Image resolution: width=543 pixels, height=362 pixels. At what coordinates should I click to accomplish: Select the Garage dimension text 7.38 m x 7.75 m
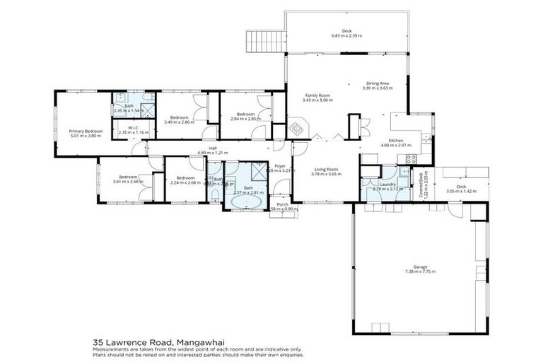tap(420, 271)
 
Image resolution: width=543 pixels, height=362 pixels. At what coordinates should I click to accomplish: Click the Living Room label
tap(327, 169)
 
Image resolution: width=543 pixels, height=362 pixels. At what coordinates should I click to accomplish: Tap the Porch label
tap(283, 204)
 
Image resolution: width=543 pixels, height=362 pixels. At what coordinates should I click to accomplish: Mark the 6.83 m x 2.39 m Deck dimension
tap(346, 36)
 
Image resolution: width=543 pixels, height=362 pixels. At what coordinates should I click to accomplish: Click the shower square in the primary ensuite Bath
tap(147, 110)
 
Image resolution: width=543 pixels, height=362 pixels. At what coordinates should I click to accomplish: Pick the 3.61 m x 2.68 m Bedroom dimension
tap(127, 182)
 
